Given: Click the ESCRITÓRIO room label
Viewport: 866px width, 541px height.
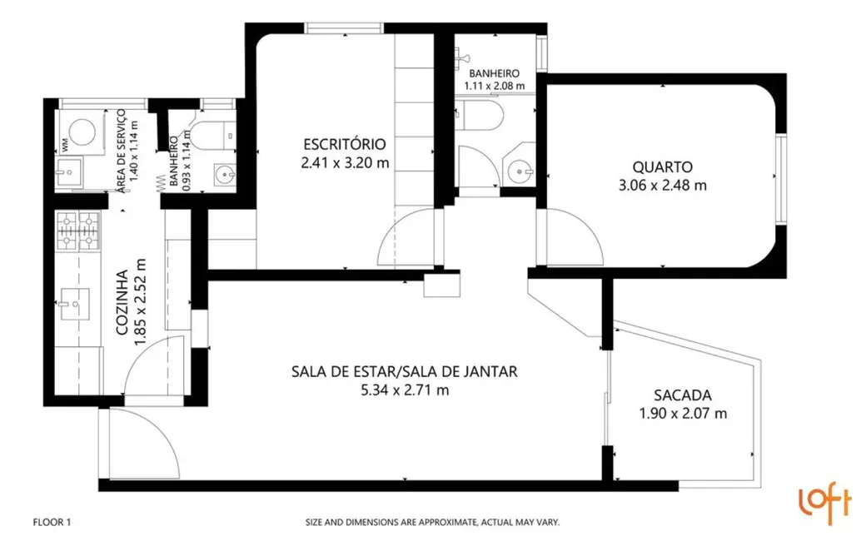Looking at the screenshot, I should tap(345, 142).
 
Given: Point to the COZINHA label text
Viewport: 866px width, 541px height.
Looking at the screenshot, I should tap(122, 302).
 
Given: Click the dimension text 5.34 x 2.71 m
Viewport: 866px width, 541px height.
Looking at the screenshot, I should tap(405, 390).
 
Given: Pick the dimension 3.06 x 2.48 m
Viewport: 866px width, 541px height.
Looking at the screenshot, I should tap(662, 186).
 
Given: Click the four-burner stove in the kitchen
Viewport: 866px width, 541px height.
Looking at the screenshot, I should tap(77, 232).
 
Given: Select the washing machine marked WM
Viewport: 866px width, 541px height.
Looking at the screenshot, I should tap(82, 132).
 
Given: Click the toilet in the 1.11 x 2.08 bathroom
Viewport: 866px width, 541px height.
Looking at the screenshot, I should tap(481, 117).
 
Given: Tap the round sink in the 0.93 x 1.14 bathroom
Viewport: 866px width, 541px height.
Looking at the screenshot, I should tap(222, 175).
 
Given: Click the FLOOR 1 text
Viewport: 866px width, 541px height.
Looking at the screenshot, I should tap(52, 523).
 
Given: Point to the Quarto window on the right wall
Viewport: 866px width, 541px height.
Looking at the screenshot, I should tap(780, 178).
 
